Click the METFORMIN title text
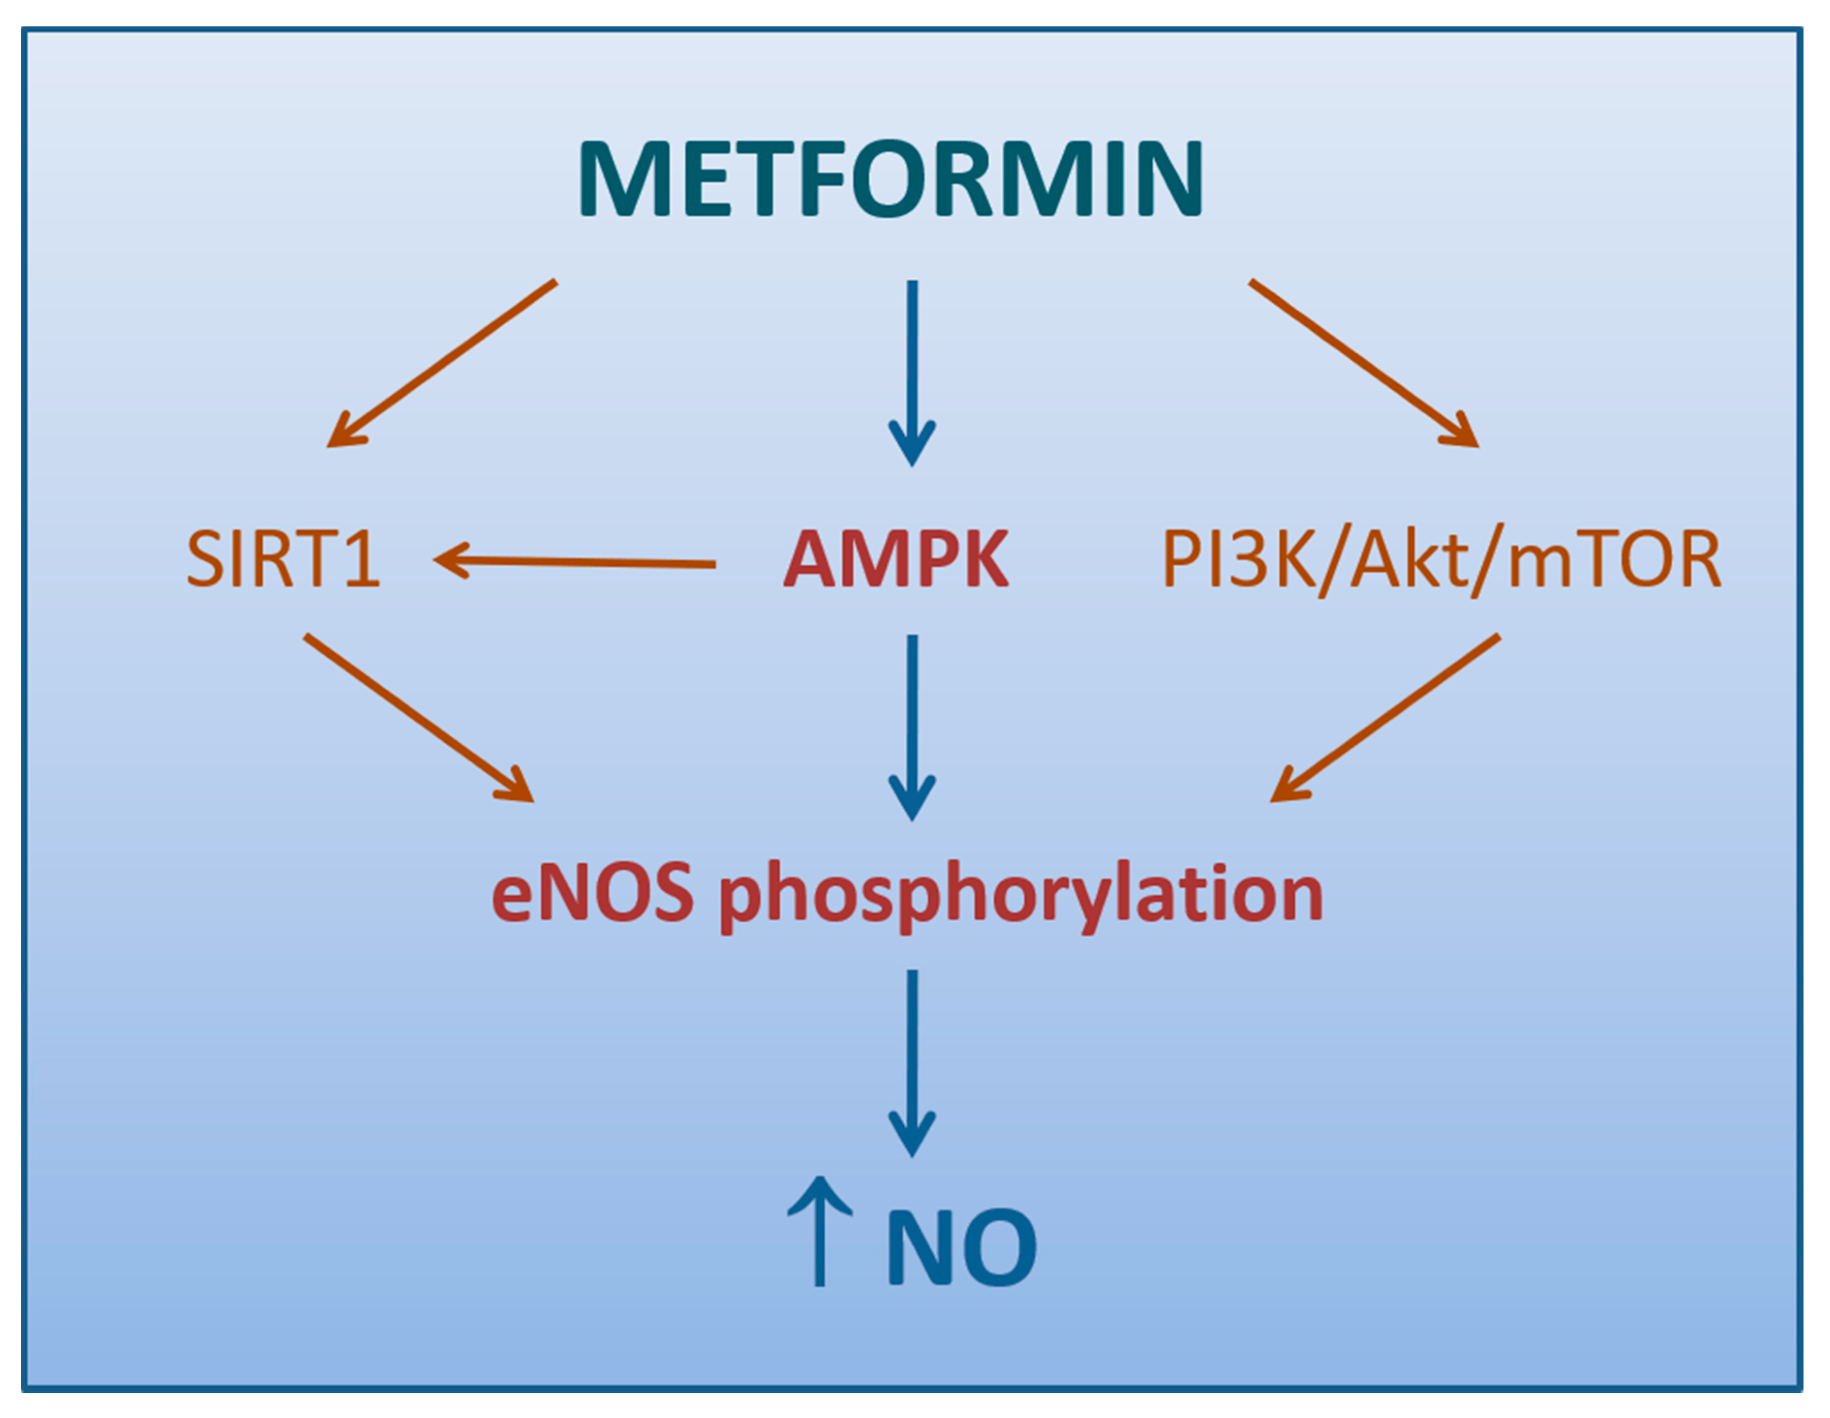(891, 179)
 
